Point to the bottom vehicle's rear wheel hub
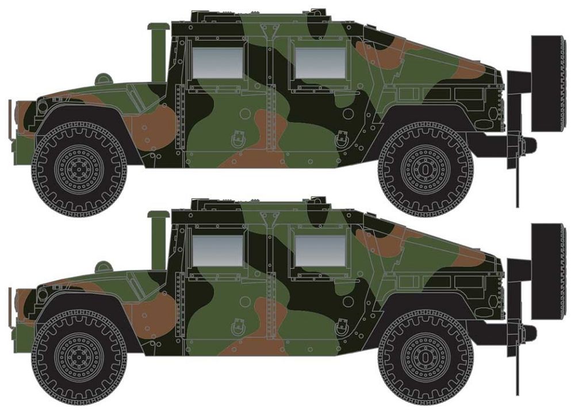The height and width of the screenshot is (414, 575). click(x=425, y=358)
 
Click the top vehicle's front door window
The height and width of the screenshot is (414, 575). click(x=217, y=63)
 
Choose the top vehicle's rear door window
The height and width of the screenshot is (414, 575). click(x=320, y=63)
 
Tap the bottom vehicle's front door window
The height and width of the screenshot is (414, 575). click(x=217, y=251)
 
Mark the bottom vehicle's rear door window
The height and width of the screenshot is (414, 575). click(x=320, y=251)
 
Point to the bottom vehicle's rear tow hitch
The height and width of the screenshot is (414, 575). click(x=524, y=331)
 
